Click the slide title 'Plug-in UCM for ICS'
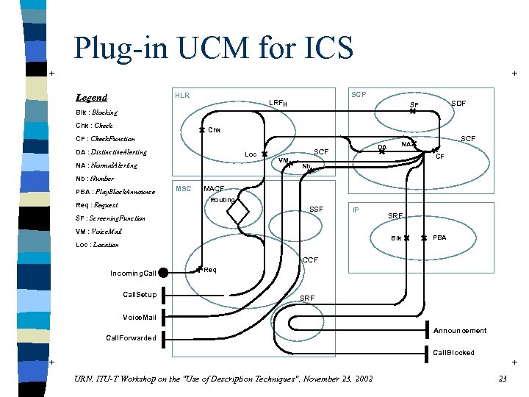213,47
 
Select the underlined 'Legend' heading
91,98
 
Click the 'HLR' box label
181,96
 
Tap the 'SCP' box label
359,96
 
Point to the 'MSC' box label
183,189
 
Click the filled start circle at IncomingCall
162,273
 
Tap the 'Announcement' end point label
460,331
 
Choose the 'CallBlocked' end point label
453,353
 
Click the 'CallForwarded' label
131,338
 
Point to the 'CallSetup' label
140,295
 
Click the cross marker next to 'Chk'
202,130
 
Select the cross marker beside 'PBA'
424,238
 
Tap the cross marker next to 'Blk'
406,238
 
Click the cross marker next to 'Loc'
264,154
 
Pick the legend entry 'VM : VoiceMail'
104,232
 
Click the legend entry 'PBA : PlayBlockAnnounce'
115,193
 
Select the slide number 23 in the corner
503,379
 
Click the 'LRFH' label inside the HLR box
278,103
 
